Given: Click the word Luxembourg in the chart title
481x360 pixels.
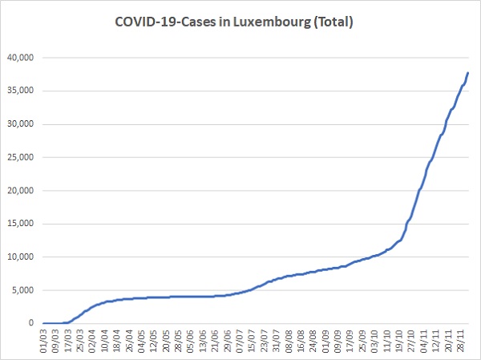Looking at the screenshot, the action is pos(272,22).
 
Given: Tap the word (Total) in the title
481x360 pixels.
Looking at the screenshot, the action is pos(333,22).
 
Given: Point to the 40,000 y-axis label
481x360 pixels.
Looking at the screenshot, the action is pos(20,58).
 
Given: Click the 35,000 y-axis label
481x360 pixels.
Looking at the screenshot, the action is pos(20,91).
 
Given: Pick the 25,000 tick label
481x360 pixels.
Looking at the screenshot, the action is pos(20,157).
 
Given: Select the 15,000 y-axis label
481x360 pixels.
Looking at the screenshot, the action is pos(20,224).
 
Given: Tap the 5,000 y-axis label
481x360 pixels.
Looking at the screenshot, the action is pos(22,290).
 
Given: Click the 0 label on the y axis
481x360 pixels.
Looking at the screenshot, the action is pos(31,323).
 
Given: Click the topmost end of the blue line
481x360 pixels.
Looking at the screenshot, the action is pos(468,73).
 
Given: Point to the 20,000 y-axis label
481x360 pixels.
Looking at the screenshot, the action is pos(20,190).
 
